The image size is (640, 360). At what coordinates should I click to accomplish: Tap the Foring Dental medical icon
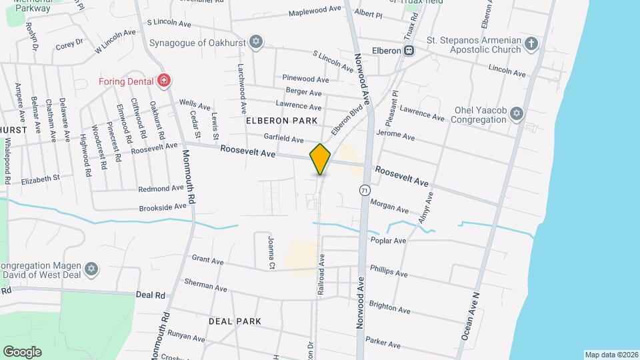pos(163,81)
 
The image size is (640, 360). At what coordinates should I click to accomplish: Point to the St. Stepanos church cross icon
pos(531,45)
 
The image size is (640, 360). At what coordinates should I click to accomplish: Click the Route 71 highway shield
pos(364,190)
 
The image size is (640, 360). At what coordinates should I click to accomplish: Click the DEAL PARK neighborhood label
pos(235,321)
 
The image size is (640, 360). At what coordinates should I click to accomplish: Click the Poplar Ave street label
pos(390,241)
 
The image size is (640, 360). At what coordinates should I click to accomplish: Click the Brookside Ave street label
pos(162,207)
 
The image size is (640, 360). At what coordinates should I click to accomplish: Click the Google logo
pos(22,351)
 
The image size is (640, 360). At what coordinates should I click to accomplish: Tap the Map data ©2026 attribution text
pos(611,355)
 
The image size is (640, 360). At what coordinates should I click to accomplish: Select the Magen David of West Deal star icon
pos(92,270)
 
